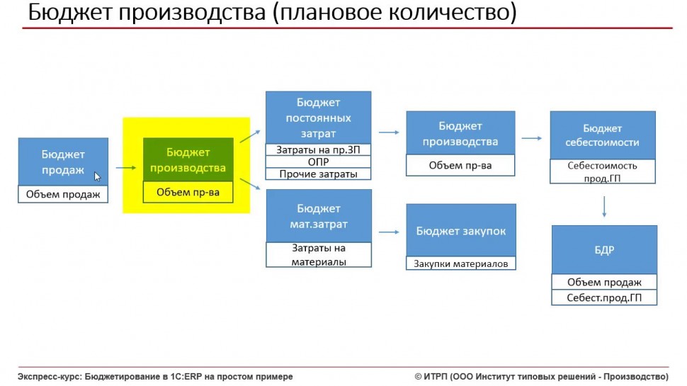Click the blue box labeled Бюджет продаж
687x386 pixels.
(x=63, y=161)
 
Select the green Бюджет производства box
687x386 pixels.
(x=188, y=159)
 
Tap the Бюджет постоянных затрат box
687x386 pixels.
(x=319, y=118)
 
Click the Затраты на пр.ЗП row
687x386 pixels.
(x=319, y=150)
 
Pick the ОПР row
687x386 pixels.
(x=319, y=161)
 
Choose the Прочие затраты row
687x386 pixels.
(x=319, y=174)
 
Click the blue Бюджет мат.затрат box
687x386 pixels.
(x=319, y=216)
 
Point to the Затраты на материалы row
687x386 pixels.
(x=319, y=254)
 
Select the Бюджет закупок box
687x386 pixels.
(x=461, y=230)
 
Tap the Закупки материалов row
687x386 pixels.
(x=461, y=263)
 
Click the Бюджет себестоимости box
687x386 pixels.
(x=603, y=135)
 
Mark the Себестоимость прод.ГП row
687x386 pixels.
(x=603, y=171)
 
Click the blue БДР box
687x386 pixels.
(x=604, y=250)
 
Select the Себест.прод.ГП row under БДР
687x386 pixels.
(x=604, y=297)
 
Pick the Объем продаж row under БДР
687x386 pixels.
(x=604, y=282)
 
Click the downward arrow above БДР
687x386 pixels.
(x=604, y=207)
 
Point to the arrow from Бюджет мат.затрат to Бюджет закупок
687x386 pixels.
(x=389, y=232)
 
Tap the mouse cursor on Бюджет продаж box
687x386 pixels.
(x=97, y=176)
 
